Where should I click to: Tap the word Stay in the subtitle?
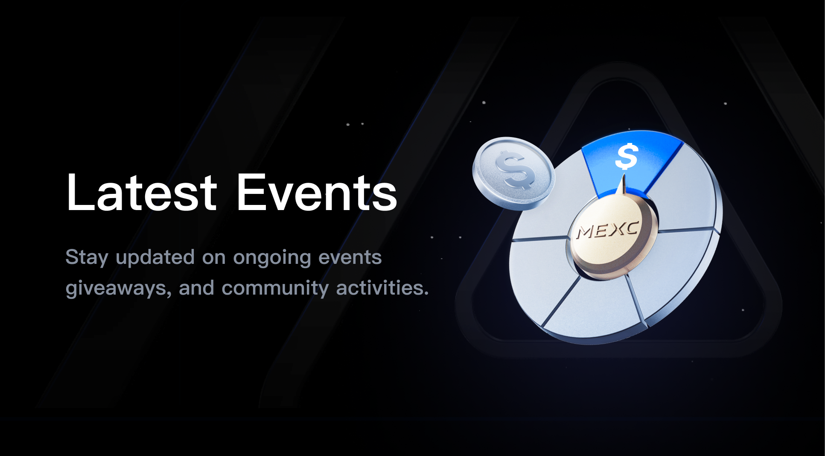[87, 258]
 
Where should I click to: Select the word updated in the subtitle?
[155, 258]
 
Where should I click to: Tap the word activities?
[382, 288]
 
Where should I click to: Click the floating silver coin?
[513, 173]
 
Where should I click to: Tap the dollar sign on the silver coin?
[516, 170]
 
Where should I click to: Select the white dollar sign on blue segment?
[627, 156]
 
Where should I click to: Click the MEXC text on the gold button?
[607, 231]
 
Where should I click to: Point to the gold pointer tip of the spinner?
[623, 175]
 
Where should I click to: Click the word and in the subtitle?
[196, 288]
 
